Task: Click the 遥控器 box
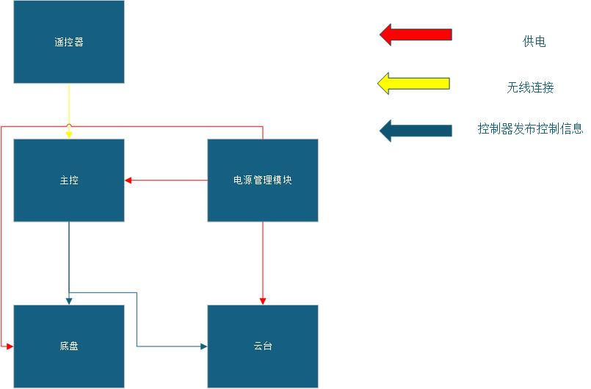69,42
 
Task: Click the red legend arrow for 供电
416,34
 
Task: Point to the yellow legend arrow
413,84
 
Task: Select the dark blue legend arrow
416,131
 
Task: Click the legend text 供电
534,42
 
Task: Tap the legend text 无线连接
529,87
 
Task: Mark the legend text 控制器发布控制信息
530,129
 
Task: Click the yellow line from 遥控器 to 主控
69,103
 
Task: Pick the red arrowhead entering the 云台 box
263,301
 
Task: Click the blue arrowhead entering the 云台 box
203,346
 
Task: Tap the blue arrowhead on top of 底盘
69,301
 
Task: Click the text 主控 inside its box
69,180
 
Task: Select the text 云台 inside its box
262,346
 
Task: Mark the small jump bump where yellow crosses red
69,127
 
